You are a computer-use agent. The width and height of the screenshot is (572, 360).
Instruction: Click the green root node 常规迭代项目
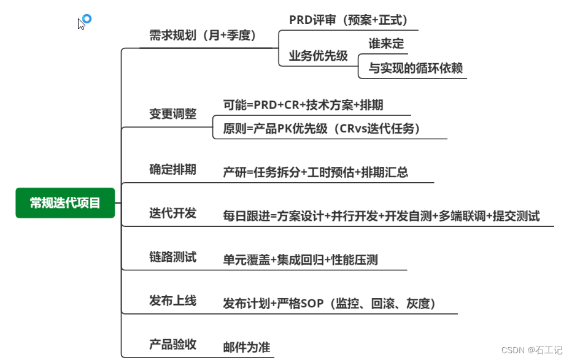65,203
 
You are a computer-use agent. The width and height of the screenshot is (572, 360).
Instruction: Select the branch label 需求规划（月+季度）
203,36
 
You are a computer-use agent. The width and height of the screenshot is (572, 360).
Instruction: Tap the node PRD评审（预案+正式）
348,20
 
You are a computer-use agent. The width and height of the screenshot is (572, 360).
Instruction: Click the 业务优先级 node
318,56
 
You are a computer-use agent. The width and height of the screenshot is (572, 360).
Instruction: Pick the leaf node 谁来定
386,44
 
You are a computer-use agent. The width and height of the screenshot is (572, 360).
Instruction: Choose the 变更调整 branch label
172,114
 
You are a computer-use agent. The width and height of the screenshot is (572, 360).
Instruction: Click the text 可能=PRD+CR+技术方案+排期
303,105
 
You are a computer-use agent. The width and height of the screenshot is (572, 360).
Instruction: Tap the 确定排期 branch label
172,169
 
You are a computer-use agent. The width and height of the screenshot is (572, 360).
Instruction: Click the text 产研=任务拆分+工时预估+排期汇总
315,172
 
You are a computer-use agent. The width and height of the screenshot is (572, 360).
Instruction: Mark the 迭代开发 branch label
172,213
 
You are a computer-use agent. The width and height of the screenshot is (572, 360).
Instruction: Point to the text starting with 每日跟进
381,216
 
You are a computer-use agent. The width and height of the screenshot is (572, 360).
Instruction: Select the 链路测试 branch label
172,257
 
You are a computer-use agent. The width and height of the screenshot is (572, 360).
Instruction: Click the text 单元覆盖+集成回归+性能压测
300,260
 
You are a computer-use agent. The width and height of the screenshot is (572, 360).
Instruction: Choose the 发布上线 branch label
172,301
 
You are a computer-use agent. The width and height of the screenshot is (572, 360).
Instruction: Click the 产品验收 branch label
172,344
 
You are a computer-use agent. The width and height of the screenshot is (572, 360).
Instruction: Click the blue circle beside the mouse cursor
87,19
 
